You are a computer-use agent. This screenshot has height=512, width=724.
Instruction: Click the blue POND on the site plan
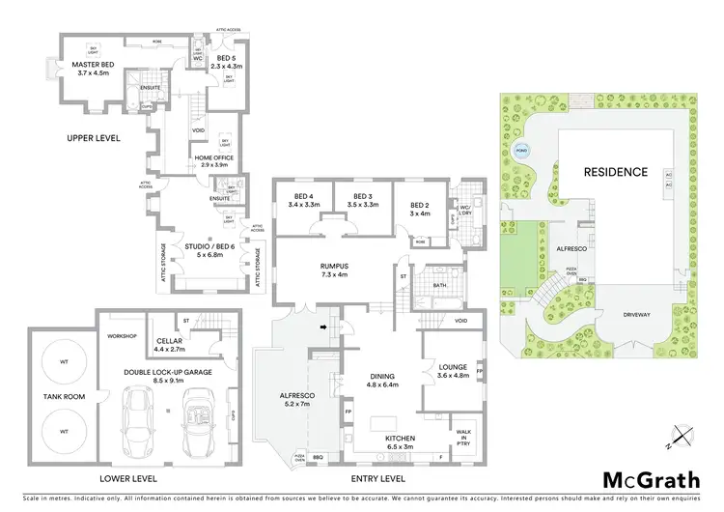click(x=522, y=152)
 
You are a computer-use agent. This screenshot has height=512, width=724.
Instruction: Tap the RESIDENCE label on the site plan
click(x=615, y=172)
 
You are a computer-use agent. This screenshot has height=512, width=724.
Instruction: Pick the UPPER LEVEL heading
click(x=94, y=138)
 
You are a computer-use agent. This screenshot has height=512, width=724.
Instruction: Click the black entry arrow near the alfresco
click(x=324, y=329)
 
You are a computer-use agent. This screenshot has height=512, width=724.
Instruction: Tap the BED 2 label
click(x=420, y=209)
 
